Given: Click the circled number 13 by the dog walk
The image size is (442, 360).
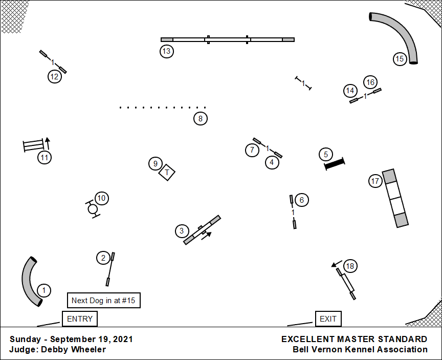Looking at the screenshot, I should pos(166,51).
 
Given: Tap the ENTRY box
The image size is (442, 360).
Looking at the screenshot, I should pos(80,319).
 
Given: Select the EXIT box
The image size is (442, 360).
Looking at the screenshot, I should pos(328,319).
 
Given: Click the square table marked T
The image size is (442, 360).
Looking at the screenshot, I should pos(167,173).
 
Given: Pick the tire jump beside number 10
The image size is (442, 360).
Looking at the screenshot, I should pos(93,209).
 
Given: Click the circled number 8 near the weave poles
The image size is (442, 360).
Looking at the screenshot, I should pos(201,119).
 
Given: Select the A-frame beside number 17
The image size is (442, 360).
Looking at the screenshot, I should pos(396,198).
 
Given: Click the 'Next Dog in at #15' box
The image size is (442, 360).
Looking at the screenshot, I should pos(104,301).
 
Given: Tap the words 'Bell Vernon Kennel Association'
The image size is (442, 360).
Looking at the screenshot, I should pos(360,350).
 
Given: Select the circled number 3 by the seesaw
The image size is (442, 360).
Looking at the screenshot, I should pos(182,231).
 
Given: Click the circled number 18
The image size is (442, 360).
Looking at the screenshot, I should pos(350,266).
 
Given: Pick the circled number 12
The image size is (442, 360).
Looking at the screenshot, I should pos(55,77).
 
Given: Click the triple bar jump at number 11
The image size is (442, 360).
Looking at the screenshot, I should pos(32,146).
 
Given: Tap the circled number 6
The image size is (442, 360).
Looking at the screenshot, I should pos(302,200).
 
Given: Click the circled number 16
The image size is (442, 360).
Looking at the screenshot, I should pos(370,82).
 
